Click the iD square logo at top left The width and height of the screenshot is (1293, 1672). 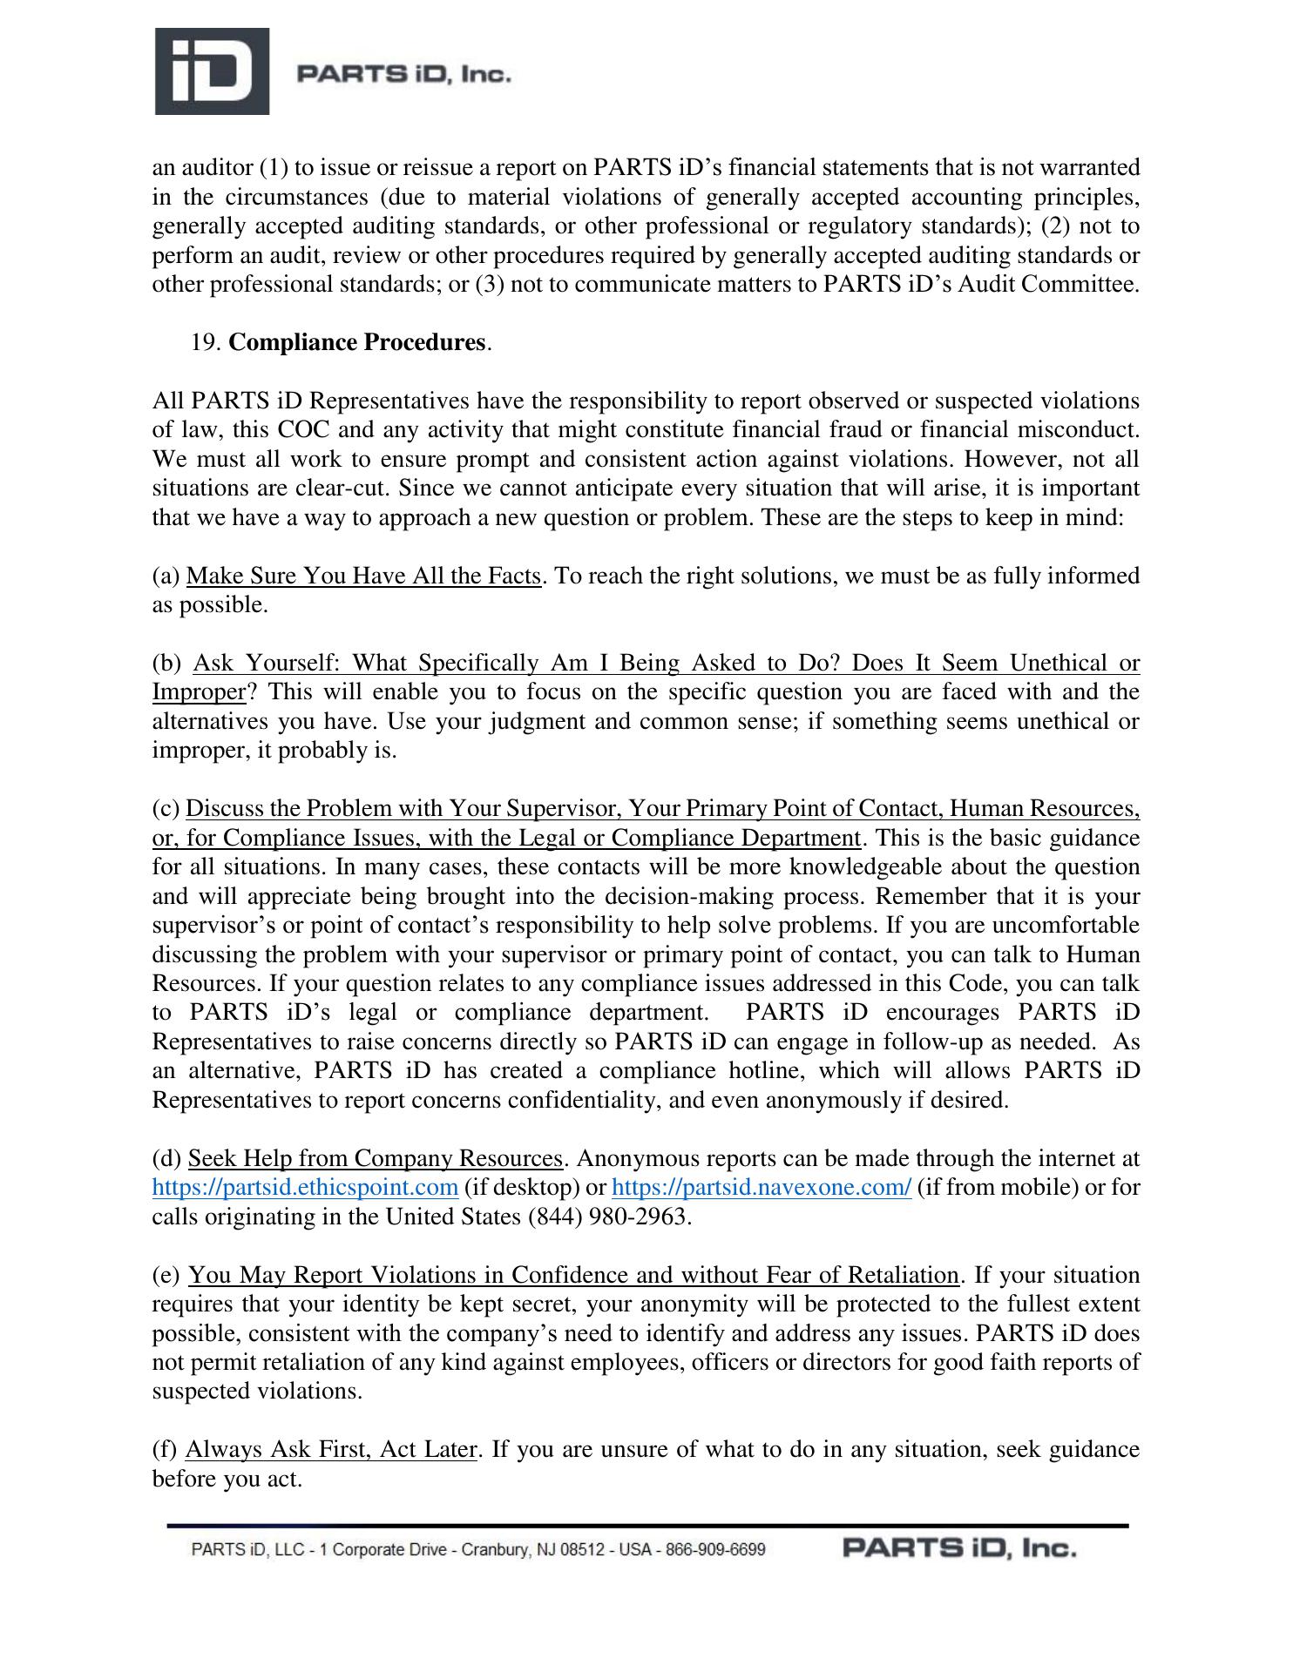(212, 71)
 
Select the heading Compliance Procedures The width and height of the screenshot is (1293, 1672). (356, 342)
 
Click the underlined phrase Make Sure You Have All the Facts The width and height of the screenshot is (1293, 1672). (363, 576)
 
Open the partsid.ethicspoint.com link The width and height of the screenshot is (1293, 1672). (305, 1187)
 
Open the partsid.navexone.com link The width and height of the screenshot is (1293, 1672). (762, 1187)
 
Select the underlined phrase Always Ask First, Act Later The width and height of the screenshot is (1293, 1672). (331, 1449)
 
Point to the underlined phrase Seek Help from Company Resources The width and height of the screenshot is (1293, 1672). (376, 1158)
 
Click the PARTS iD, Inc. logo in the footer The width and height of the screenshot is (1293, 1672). (958, 1548)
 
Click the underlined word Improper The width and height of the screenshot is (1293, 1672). (199, 692)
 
